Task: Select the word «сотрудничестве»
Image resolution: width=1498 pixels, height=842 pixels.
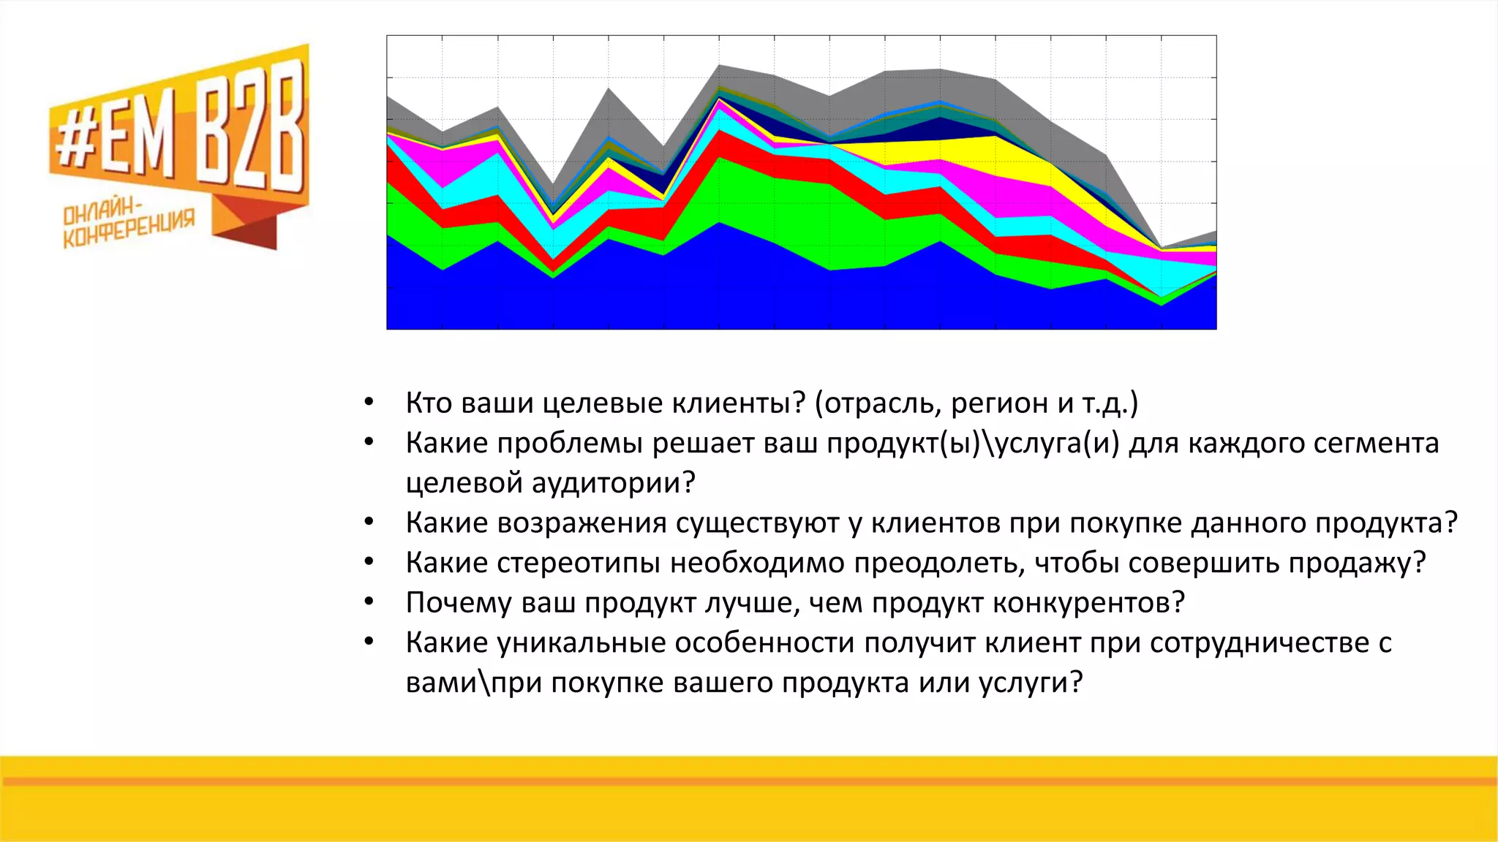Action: pos(1259,643)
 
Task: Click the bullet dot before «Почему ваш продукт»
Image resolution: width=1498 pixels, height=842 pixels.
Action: pos(369,602)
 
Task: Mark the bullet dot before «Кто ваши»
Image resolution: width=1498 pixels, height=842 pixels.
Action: pos(369,403)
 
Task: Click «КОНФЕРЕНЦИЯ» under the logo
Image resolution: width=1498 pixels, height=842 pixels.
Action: pos(129,229)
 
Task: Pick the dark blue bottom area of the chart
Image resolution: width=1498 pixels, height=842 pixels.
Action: pos(658,300)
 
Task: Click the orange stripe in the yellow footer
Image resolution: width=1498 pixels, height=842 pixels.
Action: pos(749,781)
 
